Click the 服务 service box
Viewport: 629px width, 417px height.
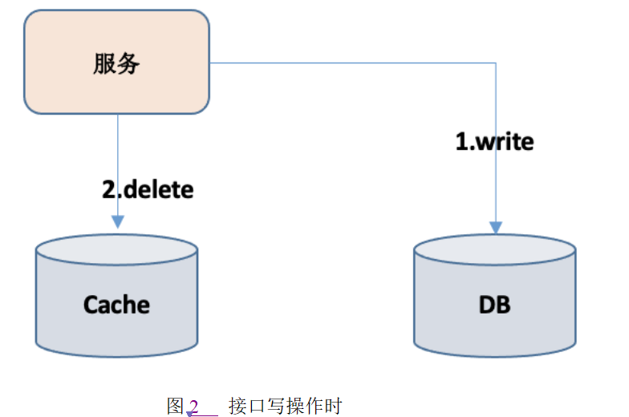tap(116, 63)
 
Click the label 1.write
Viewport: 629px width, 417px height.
tap(494, 142)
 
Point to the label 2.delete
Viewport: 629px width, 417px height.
tap(148, 190)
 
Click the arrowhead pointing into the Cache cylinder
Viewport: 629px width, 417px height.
tap(118, 221)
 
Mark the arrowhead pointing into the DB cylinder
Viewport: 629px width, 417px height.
tap(496, 227)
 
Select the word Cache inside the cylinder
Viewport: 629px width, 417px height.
tap(116, 305)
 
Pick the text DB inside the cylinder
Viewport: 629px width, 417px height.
tap(494, 305)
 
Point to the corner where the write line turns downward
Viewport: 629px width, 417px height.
tap(496, 63)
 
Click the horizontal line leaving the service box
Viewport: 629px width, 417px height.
tap(353, 63)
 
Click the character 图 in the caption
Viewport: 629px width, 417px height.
tap(176, 406)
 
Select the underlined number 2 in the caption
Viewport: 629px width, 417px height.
tap(193, 406)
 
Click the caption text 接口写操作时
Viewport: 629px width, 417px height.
tap(285, 406)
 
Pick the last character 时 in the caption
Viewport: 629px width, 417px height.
tap(333, 406)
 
